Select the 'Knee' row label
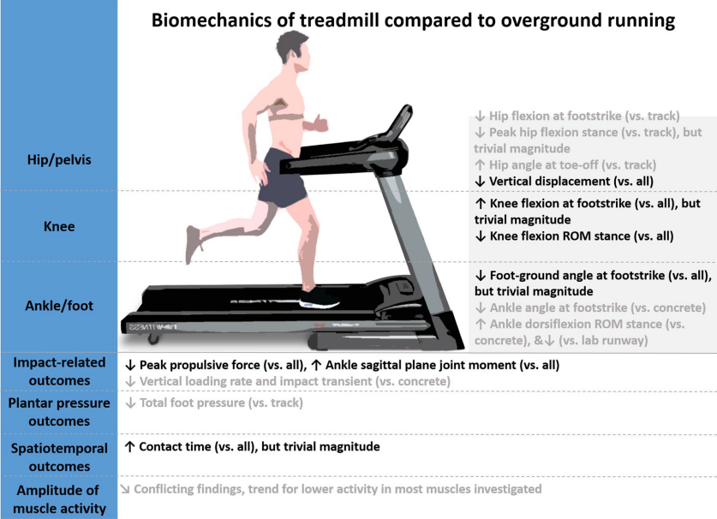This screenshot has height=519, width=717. (58, 227)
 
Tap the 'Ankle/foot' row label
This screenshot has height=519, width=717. (58, 305)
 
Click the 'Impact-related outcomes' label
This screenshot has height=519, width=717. (58, 371)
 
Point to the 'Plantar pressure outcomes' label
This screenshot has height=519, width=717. (58, 411)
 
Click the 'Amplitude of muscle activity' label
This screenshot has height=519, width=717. (58, 499)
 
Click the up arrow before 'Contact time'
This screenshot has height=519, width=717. (129, 446)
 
